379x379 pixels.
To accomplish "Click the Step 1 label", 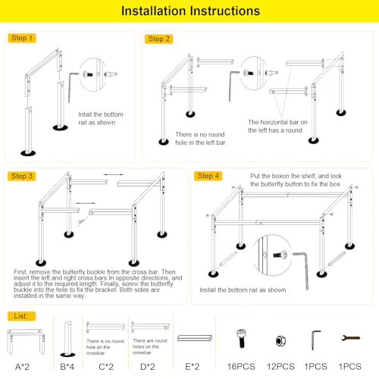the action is (x=22, y=38).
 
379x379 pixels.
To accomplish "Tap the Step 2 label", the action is (x=158, y=39).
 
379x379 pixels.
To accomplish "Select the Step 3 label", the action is (x=22, y=176).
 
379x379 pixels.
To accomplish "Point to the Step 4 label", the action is (x=208, y=176).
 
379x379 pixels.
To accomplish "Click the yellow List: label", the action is (x=21, y=316).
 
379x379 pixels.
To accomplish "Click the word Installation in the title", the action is (x=154, y=11).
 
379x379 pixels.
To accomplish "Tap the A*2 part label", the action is (x=22, y=367).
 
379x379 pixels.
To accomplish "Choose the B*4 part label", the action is (x=67, y=367).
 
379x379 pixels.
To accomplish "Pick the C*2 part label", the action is (x=106, y=367).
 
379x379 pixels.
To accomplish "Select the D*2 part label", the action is (x=148, y=367).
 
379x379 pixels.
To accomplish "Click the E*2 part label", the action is (x=193, y=367).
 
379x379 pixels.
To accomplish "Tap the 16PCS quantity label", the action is (x=241, y=367).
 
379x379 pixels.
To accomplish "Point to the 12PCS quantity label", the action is (x=280, y=367).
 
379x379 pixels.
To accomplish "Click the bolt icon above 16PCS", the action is (x=241, y=339).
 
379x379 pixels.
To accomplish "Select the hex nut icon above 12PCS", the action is (x=280, y=341).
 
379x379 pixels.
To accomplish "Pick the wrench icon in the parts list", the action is (x=350, y=338).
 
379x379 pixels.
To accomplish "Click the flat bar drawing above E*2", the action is (x=195, y=338).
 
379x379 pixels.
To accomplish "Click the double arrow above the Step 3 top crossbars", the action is (x=114, y=174).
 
